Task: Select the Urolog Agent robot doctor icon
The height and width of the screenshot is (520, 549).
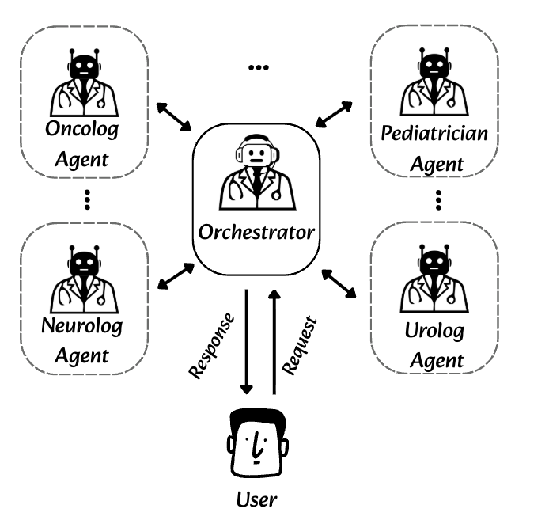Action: tap(433, 281)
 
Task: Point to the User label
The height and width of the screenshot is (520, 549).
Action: tap(256, 499)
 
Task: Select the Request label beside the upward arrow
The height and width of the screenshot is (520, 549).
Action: tap(299, 345)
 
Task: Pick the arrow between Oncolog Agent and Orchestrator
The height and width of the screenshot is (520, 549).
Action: tap(173, 116)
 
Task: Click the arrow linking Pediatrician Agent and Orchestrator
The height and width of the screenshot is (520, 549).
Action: tap(334, 115)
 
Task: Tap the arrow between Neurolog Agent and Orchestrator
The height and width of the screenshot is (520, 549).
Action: tap(176, 275)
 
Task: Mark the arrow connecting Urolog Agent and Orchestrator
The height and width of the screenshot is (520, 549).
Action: tap(338, 283)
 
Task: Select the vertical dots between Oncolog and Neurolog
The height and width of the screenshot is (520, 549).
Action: tap(87, 199)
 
